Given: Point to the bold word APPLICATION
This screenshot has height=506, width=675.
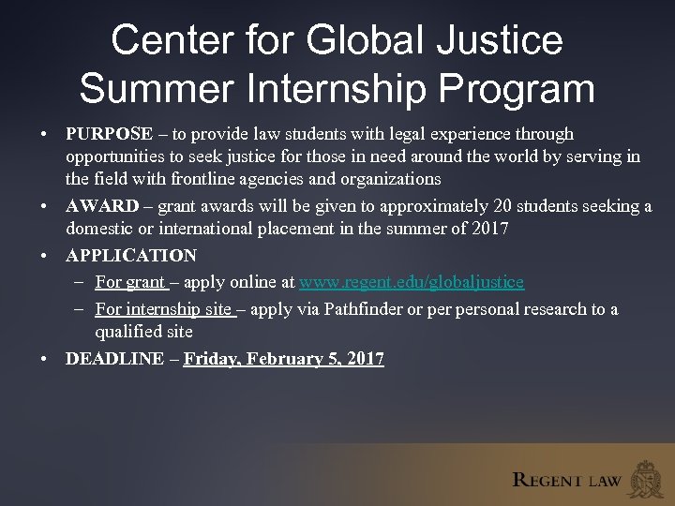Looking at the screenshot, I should point(131,256).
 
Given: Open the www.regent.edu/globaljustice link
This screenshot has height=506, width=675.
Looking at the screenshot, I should point(412,281).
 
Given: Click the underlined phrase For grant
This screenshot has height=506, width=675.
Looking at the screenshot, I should point(129,281).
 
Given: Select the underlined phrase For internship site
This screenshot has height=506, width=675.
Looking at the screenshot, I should point(163,309).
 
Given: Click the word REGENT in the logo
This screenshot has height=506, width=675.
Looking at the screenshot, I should point(547,481).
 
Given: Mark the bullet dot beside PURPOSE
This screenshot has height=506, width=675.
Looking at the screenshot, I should point(44,135).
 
